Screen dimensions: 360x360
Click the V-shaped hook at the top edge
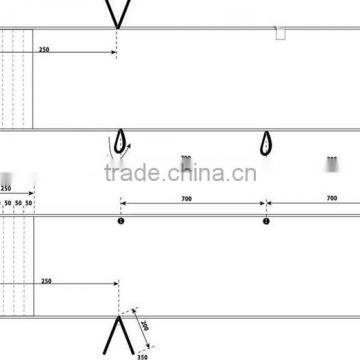click(119, 12)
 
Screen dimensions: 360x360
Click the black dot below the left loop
click(121, 222)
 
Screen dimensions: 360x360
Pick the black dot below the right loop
click(266, 222)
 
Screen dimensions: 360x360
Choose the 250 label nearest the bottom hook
click(46, 282)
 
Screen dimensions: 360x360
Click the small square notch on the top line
click(281, 34)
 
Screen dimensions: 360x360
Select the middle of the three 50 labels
click(18, 203)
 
